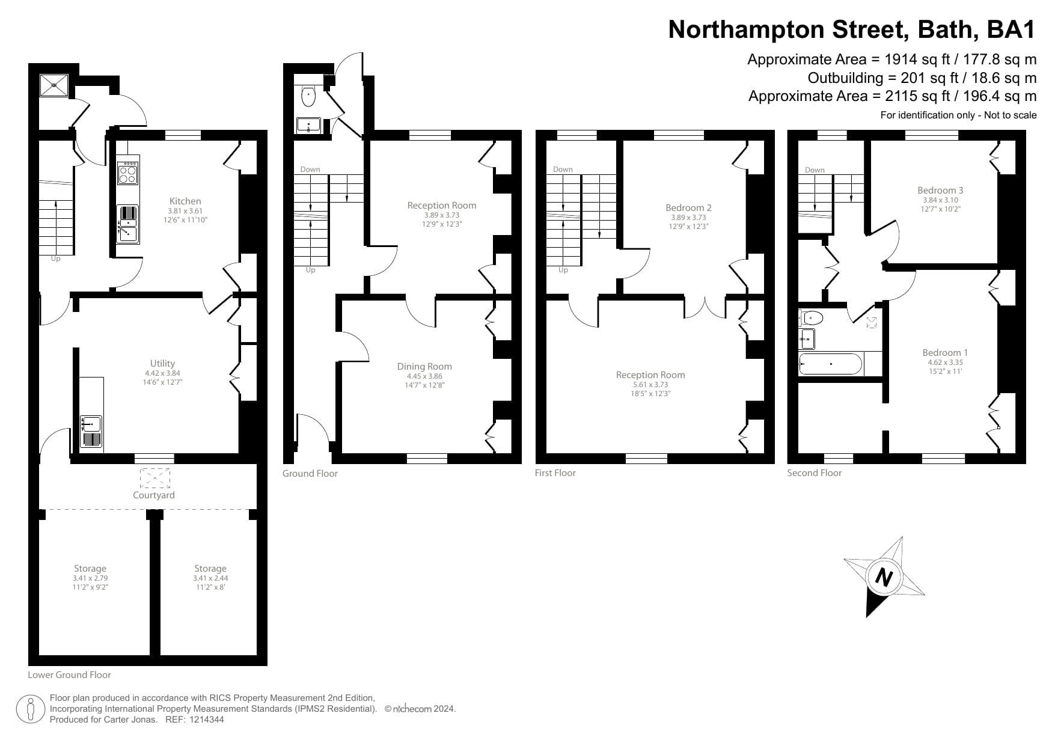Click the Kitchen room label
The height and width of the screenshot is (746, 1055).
(x=185, y=201)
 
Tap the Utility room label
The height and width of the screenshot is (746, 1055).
(x=162, y=363)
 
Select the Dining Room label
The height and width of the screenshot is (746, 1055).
(x=424, y=366)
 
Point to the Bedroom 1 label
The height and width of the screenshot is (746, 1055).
(x=945, y=353)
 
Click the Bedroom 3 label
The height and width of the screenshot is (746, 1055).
(x=940, y=191)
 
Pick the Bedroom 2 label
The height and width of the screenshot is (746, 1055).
(x=688, y=208)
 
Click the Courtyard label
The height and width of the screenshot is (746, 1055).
(x=154, y=495)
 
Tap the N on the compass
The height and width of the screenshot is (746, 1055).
(x=883, y=577)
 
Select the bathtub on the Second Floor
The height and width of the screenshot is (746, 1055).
(x=830, y=364)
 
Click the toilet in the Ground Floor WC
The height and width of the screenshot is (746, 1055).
(x=308, y=95)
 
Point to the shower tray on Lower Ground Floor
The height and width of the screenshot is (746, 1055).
(x=55, y=85)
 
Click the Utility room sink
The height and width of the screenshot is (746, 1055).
(x=91, y=424)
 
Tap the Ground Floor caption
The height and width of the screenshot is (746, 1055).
(x=310, y=474)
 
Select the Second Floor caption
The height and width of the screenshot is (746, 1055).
(x=814, y=473)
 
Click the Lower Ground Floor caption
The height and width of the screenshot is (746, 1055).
(x=69, y=675)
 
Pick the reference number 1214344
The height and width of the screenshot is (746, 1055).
(x=207, y=720)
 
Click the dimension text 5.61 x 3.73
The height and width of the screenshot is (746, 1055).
(x=650, y=385)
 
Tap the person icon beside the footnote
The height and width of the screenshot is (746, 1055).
(x=31, y=709)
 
